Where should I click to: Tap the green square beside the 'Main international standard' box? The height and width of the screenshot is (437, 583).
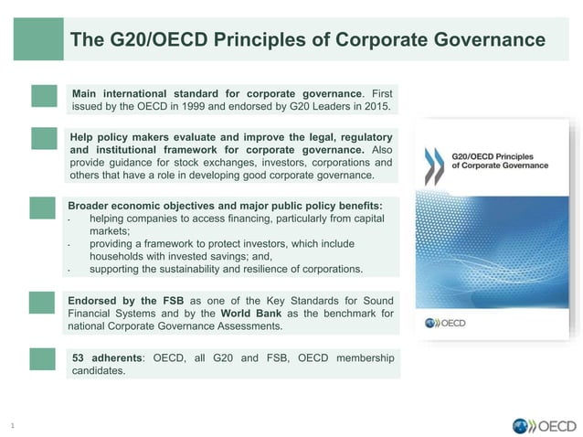pos(44,96)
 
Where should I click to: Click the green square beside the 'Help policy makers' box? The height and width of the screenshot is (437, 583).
pos(44,138)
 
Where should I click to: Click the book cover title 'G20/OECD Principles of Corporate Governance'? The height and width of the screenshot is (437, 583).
pos(500,161)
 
